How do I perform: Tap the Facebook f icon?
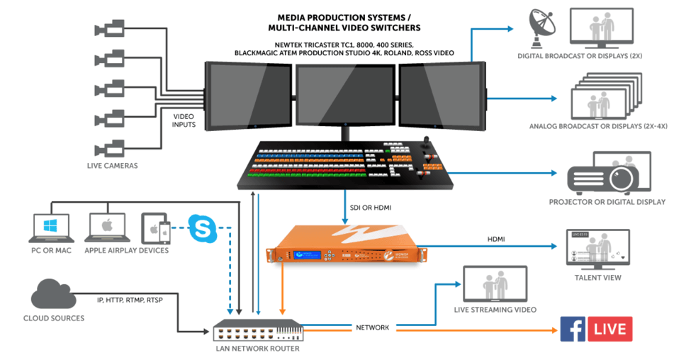(x=573, y=330)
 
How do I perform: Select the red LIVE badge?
(x=609, y=330)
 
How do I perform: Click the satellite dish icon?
(x=541, y=26)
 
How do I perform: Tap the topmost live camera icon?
(x=109, y=30)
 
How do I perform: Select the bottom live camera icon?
(x=109, y=148)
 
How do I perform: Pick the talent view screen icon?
(x=597, y=249)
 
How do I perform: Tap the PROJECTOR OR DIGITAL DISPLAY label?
(x=607, y=202)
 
